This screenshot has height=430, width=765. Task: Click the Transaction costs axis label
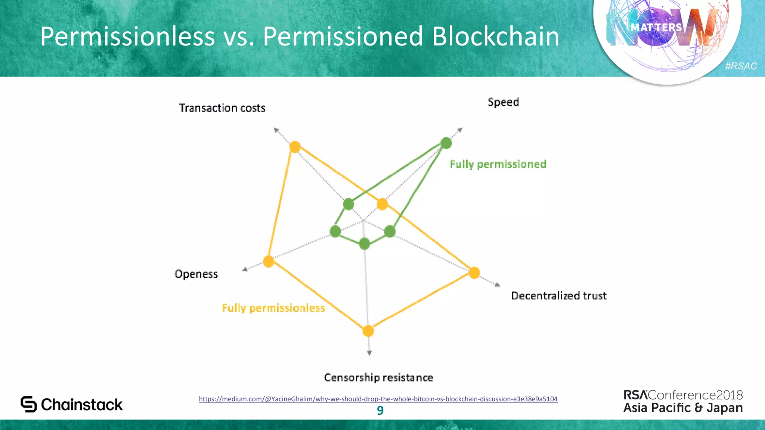[222, 108]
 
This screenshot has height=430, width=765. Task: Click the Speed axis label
[503, 102]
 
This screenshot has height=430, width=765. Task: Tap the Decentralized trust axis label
[559, 296]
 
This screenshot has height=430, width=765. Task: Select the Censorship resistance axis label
[378, 377]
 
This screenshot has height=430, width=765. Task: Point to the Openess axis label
[196, 274]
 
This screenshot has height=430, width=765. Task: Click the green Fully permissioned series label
[498, 164]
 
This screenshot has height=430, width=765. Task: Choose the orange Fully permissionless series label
[273, 308]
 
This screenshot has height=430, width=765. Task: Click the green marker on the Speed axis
[446, 143]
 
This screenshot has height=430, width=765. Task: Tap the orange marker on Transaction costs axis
[295, 147]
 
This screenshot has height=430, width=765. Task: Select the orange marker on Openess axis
[269, 261]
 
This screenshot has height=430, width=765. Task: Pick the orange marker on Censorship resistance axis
[368, 331]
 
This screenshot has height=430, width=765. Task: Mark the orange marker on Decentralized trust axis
[474, 273]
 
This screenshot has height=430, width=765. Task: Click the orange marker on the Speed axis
[382, 204]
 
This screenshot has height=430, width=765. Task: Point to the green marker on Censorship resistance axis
[364, 244]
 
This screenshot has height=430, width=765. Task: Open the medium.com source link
[378, 399]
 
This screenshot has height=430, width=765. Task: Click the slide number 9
[380, 411]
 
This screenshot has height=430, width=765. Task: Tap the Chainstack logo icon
[29, 404]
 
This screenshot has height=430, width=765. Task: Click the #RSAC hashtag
[741, 66]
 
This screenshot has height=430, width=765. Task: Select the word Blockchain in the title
[496, 37]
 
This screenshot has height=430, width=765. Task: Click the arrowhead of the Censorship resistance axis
[369, 353]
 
